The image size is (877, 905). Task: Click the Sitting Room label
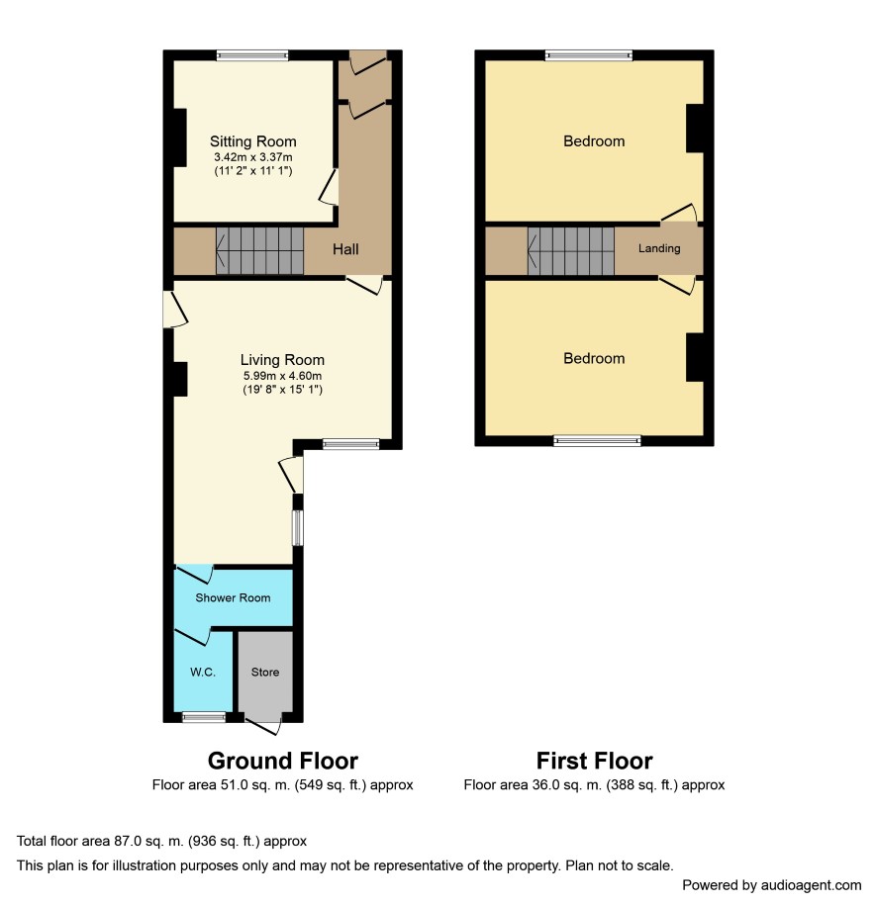253,141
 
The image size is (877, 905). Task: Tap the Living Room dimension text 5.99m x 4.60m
282,376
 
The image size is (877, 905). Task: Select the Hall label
345,249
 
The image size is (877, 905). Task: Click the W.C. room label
203,672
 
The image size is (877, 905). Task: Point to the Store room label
265,672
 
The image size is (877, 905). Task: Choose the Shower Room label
233,598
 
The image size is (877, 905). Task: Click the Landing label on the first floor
659,248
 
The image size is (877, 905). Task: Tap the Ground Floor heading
282,761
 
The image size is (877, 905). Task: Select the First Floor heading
595,761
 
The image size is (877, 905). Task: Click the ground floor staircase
260,250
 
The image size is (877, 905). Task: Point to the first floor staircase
571,250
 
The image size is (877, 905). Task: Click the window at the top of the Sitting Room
252,55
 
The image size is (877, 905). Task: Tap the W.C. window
204,717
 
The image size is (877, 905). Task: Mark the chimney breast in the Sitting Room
180,137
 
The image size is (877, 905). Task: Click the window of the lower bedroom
598,441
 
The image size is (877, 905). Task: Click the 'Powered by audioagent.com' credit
772,885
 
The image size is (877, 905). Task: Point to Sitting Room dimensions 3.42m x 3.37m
253,157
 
